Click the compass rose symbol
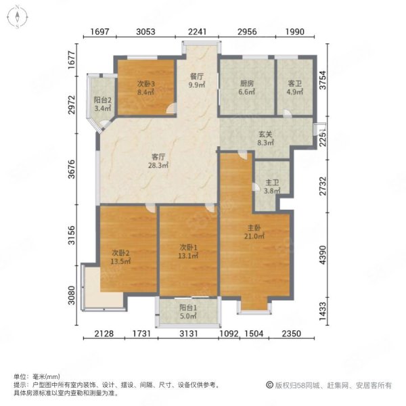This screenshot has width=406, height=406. coord(17,17)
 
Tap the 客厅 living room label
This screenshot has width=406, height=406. coord(158,157)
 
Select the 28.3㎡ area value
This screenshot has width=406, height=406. coord(158,165)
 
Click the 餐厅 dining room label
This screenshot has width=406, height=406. coord(197,76)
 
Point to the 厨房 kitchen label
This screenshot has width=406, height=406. coord(247,83)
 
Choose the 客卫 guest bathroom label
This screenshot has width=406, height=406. coord(295,83)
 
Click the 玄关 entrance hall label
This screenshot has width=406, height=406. coord(266,135)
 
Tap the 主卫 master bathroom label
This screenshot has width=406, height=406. coord(272,183)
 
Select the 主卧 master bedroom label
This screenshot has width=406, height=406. coord(254,228)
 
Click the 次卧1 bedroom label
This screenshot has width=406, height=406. coord(188,248)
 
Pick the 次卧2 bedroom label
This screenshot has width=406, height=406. coord(120,253)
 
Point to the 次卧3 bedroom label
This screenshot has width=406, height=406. coord(146,84)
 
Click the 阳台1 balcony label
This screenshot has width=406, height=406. coord(188,308)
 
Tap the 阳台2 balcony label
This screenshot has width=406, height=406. coord(103,100)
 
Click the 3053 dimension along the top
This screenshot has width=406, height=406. coord(145,32)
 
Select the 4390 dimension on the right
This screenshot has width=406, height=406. coord(323,255)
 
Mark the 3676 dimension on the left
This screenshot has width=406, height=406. coord(72,169)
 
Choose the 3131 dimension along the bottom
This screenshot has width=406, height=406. coord(189,334)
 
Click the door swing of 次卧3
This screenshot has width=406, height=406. coord(172,108)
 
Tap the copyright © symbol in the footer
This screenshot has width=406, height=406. coord(270,385)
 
